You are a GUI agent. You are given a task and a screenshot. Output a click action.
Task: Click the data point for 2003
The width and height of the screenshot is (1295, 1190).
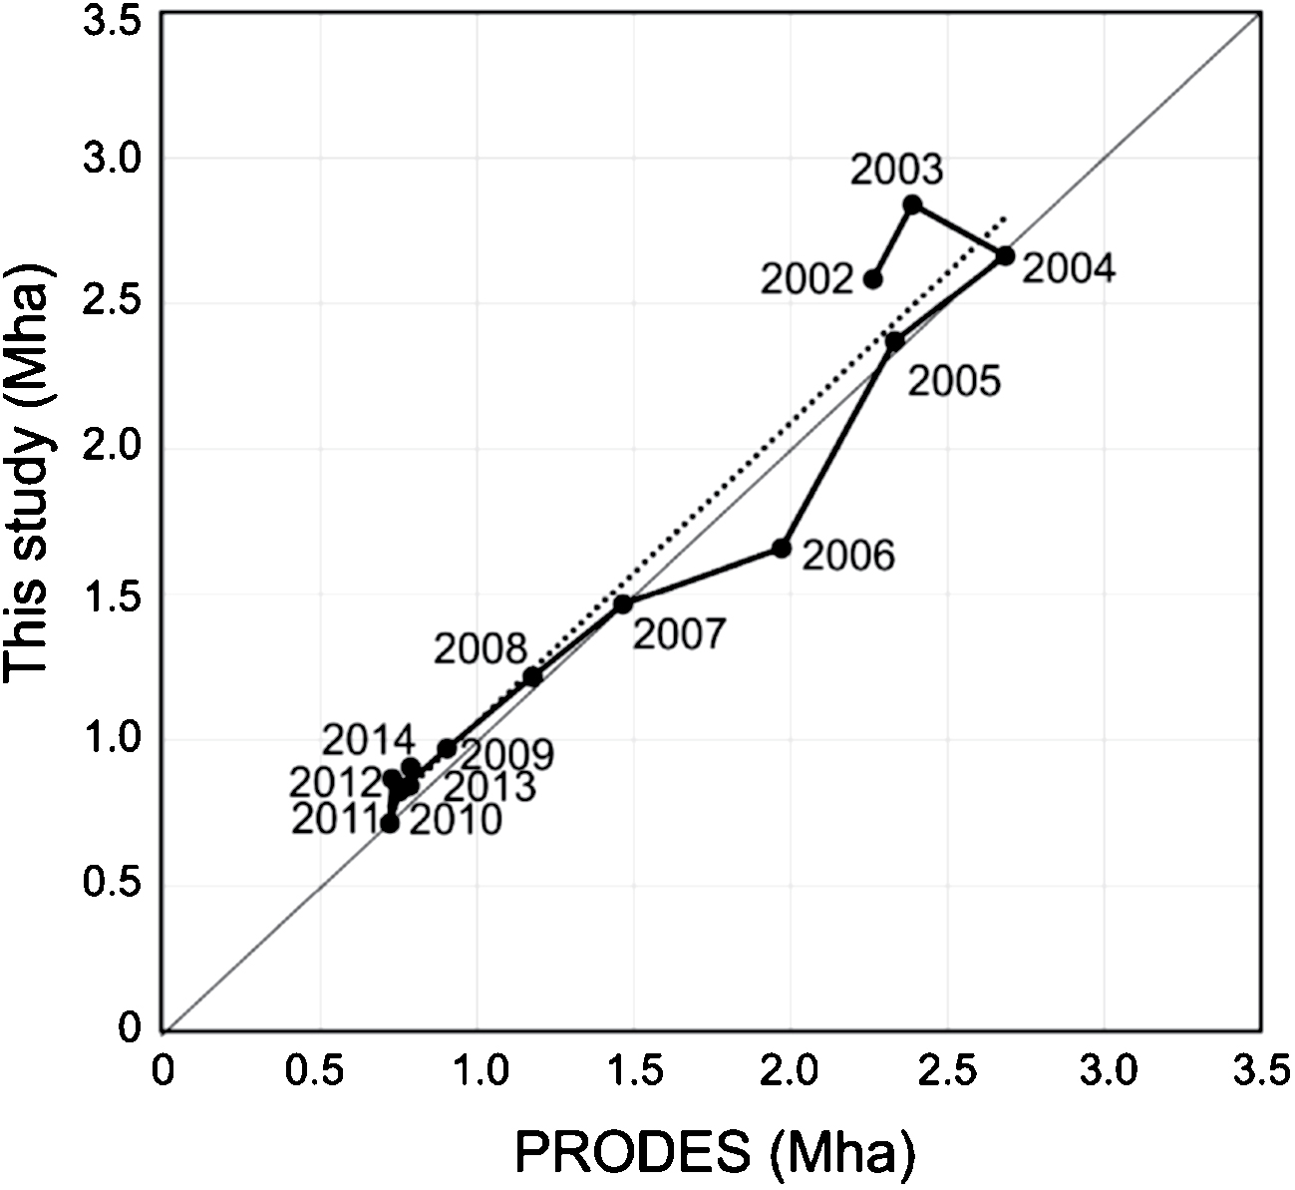[x=912, y=204]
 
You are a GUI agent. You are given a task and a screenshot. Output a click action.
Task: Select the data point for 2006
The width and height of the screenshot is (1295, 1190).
[x=782, y=548]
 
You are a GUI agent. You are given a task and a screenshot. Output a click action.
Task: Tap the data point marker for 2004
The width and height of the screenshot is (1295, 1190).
[x=1005, y=255]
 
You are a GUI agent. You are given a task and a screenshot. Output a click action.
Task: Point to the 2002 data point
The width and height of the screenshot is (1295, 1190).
[x=872, y=279]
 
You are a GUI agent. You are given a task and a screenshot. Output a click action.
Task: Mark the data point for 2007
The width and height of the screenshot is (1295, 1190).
[x=623, y=603]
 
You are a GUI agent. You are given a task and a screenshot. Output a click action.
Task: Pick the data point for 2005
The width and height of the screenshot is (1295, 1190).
[x=895, y=341]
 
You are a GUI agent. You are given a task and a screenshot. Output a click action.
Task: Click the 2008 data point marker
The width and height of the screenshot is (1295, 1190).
[x=532, y=677]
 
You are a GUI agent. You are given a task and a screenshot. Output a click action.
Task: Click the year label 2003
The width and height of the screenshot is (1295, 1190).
[x=896, y=170]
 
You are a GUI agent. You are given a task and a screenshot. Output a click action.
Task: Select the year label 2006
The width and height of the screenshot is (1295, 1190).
[x=848, y=556]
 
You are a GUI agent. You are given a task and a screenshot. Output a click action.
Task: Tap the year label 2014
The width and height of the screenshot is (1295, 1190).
[x=368, y=740]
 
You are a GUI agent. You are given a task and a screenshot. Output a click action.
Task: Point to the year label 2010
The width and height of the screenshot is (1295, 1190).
[x=456, y=821]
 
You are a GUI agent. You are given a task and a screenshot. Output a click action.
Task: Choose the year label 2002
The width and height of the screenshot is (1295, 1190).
[x=807, y=280]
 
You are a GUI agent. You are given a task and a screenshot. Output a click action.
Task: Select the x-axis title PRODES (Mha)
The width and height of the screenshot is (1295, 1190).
[x=715, y=1153]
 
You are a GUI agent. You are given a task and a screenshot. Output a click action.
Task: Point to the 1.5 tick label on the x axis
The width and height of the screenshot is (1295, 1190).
[x=633, y=1073]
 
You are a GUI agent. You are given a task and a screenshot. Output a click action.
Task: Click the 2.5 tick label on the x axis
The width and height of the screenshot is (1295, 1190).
[x=947, y=1073]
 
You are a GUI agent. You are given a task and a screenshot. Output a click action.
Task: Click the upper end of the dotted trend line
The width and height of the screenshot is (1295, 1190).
[x=1007, y=215]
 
